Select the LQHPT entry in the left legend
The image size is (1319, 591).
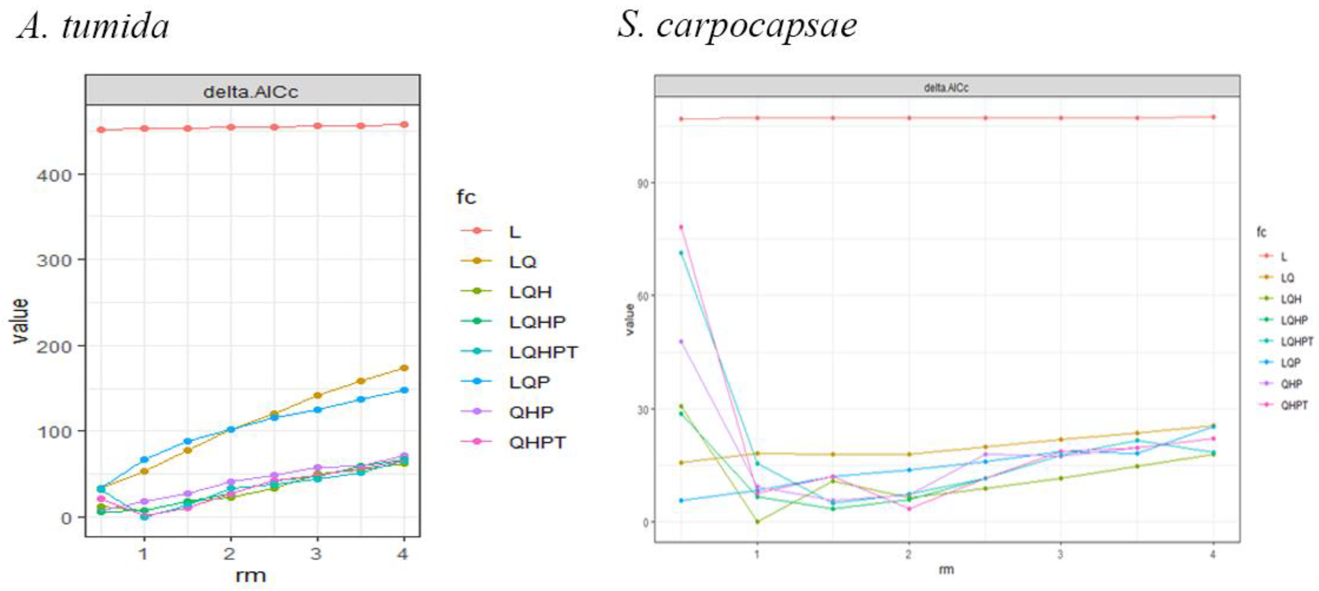click(x=543, y=352)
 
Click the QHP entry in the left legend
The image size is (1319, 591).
click(x=530, y=412)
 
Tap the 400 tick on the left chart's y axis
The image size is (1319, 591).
click(x=53, y=176)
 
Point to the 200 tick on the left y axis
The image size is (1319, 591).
click(x=53, y=347)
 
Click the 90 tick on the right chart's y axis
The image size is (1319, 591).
click(x=642, y=183)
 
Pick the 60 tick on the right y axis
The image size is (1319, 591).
click(x=642, y=296)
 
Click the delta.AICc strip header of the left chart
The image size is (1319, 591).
click(x=251, y=91)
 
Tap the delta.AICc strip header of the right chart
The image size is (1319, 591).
click(x=946, y=87)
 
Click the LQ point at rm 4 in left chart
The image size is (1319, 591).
click(x=404, y=368)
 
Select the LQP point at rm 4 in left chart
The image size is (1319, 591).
click(x=404, y=390)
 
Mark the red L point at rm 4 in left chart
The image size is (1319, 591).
click(x=404, y=124)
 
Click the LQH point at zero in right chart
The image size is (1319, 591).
click(x=757, y=522)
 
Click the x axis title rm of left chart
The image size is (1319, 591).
click(x=251, y=575)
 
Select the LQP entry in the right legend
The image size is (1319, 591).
click(x=1290, y=363)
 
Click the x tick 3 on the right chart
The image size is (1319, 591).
click(x=1060, y=554)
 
